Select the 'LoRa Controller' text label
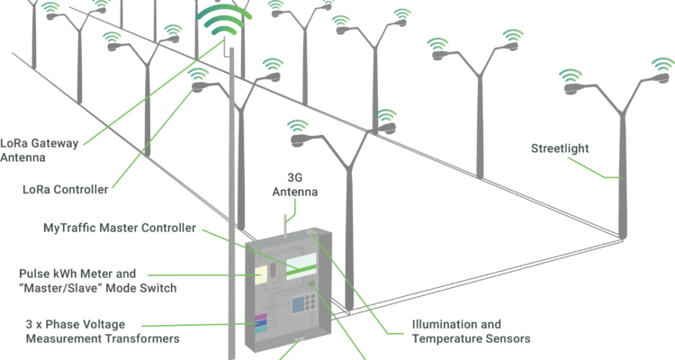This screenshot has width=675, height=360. pos(67,189)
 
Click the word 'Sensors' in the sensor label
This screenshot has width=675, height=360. pos(507,338)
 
